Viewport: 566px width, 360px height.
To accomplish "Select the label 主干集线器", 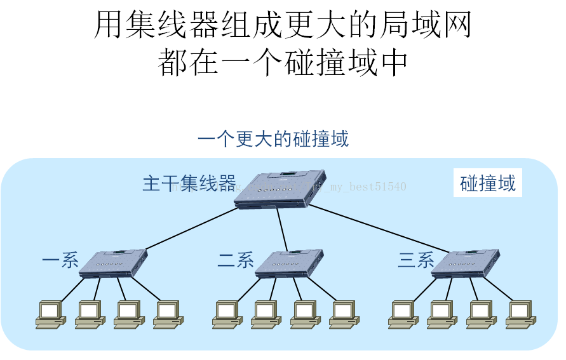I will click(189, 183).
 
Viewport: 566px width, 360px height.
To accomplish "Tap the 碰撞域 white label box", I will click(487, 183).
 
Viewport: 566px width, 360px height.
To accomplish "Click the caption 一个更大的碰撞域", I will click(273, 138).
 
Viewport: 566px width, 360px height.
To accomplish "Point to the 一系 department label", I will click(60, 260).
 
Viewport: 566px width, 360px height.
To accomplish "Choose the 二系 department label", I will click(236, 260).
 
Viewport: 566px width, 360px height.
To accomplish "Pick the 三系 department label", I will click(416, 260).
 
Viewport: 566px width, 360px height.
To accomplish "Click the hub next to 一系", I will click(112, 263).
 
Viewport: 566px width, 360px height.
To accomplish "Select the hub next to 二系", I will click(289, 263).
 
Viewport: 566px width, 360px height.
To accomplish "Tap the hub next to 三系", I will click(466, 263).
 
